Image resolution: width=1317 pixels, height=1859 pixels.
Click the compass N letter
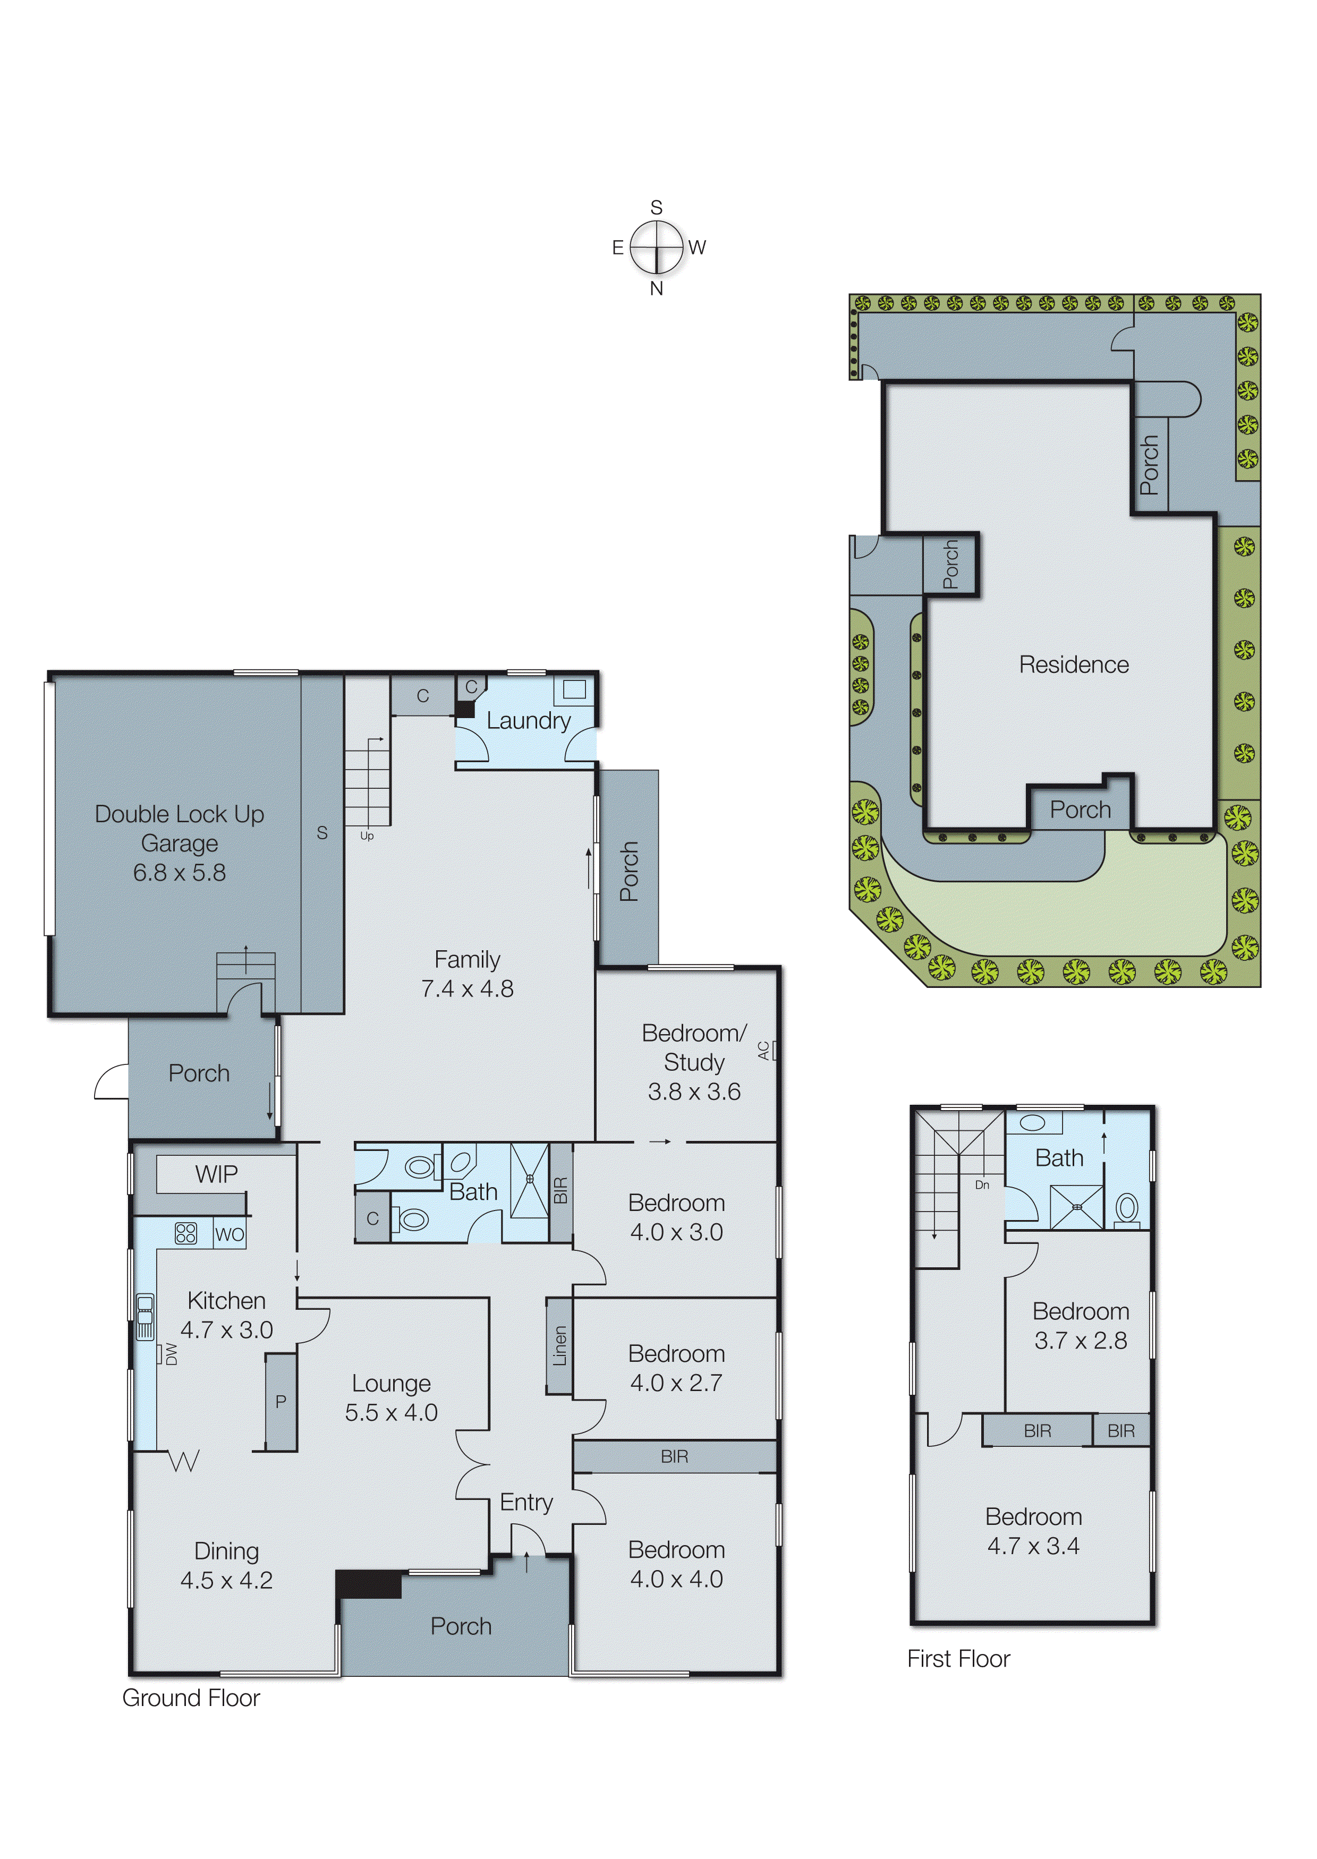(656, 288)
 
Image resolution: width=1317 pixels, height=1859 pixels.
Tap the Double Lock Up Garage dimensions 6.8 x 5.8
(179, 873)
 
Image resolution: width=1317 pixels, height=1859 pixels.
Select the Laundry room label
(528, 721)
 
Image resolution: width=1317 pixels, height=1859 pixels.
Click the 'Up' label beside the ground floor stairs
(367, 836)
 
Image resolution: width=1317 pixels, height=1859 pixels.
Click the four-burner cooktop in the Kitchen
(186, 1234)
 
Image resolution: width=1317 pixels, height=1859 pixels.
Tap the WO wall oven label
(230, 1235)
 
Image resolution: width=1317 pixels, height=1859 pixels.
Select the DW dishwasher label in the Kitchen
(171, 1354)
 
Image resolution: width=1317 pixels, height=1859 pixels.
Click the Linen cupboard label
(559, 1346)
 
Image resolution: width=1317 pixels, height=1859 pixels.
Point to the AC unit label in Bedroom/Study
(763, 1051)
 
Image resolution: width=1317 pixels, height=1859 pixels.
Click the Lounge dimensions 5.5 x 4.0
(391, 1412)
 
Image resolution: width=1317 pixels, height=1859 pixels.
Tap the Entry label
(526, 1502)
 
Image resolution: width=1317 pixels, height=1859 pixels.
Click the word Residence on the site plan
(1074, 665)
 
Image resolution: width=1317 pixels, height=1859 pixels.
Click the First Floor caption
(958, 1659)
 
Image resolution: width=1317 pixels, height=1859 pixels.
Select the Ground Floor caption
(191, 1698)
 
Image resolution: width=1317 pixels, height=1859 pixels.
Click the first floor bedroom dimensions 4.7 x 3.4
(1033, 1546)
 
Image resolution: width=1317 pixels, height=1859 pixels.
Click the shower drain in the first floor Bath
(1077, 1207)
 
